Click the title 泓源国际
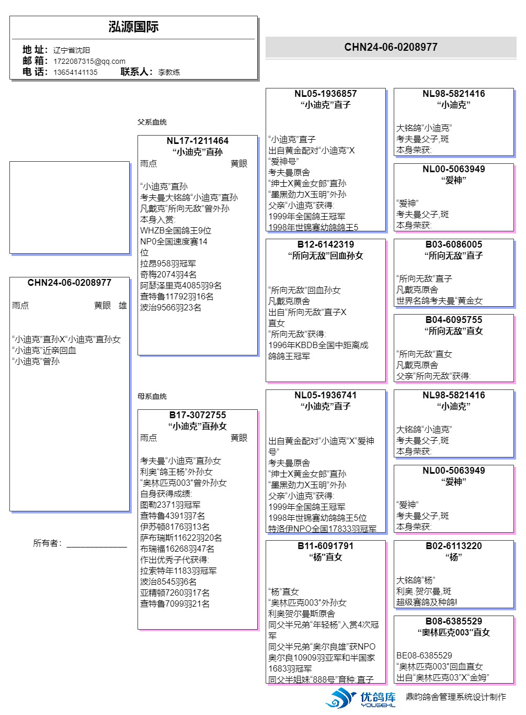(133, 27)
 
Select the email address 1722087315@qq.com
(89, 61)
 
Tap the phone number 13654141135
(75, 72)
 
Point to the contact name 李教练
(169, 72)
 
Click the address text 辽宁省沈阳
(72, 50)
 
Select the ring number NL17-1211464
(197, 141)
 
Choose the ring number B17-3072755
(197, 415)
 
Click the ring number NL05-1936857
(325, 94)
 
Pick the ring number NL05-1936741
(325, 395)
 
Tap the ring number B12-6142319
(325, 244)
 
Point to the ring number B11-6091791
(325, 546)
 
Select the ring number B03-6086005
(453, 244)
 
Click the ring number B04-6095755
(453, 320)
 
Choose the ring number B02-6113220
(453, 546)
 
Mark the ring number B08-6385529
(453, 621)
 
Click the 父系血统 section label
(152, 122)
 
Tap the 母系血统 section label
(152, 396)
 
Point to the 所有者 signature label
(47, 543)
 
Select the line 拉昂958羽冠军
(168, 264)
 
